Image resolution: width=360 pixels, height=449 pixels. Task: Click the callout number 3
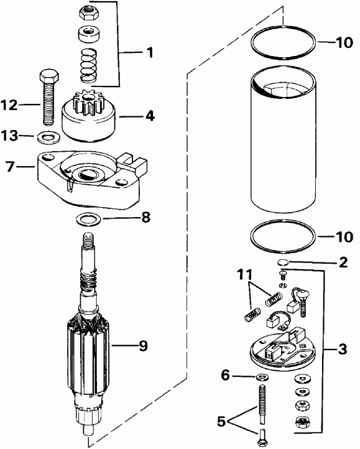pos(343,350)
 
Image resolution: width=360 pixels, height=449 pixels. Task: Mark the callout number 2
pos(343,262)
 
